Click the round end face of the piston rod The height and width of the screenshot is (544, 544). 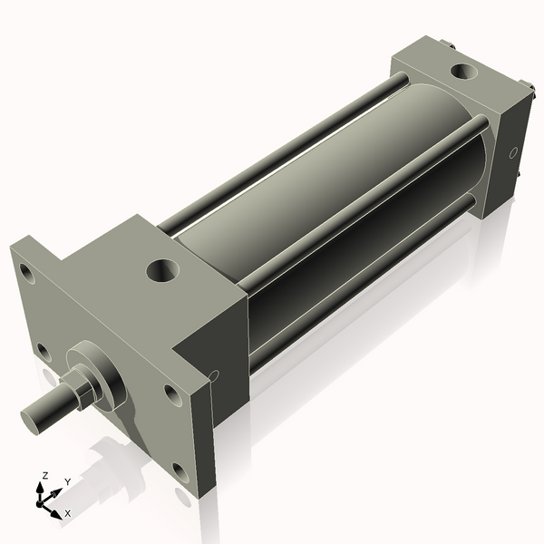34,418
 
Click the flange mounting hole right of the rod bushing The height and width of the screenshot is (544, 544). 171,393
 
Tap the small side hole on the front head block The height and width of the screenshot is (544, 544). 214,374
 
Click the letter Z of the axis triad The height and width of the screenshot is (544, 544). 44,475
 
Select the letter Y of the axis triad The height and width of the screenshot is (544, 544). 67,482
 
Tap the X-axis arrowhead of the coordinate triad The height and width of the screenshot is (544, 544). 55,508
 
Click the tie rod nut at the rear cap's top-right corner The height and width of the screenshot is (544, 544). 525,89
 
